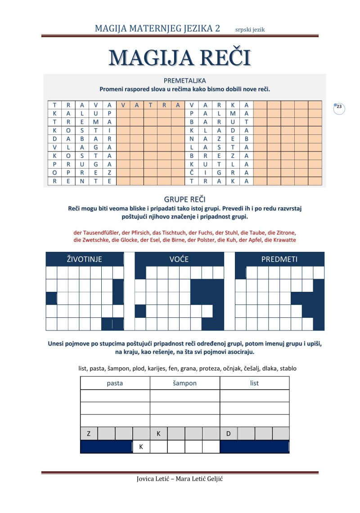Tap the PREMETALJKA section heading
point(185,80)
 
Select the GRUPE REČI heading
point(185,199)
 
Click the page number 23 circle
point(339,107)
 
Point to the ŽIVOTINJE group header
point(85,259)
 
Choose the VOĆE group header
point(179,259)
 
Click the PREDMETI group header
point(279,259)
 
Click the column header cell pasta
point(115,383)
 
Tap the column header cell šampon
point(184,383)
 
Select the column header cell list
point(254,383)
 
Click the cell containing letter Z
point(89,434)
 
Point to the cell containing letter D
point(229,434)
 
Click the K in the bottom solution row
point(141,447)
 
